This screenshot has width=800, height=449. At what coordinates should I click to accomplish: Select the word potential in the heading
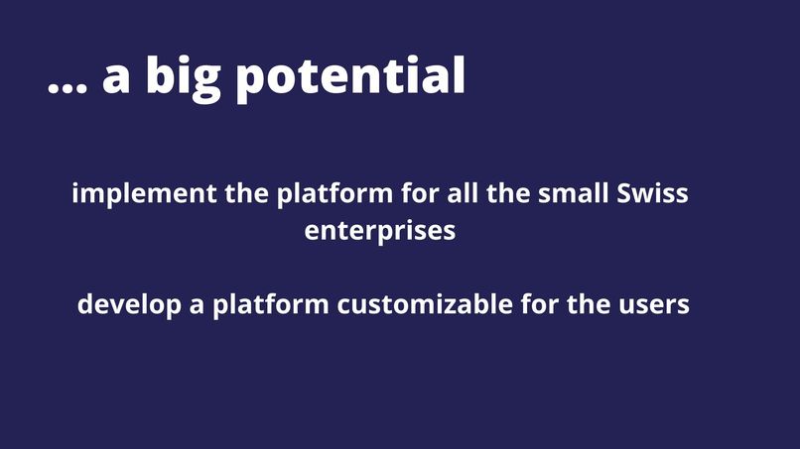350,79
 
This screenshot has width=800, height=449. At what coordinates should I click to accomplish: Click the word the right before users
594,304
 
